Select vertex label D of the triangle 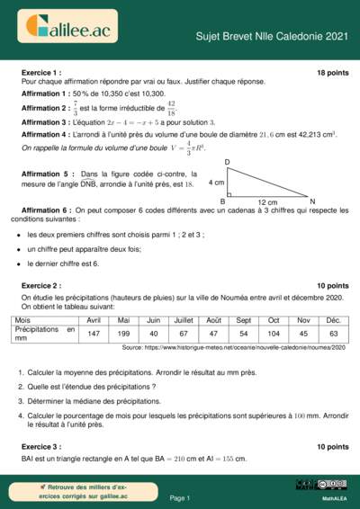click(x=227, y=162)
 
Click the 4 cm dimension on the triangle click(x=216, y=182)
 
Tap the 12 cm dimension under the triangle click(x=267, y=202)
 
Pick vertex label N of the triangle click(x=311, y=201)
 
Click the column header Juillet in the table click(x=183, y=320)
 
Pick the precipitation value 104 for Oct click(x=274, y=334)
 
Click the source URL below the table click(x=233, y=347)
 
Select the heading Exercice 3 click(x=41, y=446)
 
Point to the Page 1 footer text click(x=179, y=497)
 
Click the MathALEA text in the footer click(x=335, y=497)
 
